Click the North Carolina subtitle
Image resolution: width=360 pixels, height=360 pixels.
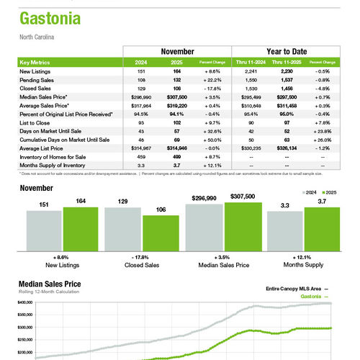36,36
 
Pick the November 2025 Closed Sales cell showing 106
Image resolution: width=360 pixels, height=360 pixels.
176,88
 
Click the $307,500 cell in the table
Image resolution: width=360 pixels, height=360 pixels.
176,96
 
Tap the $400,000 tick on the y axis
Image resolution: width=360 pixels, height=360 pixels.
25,303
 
